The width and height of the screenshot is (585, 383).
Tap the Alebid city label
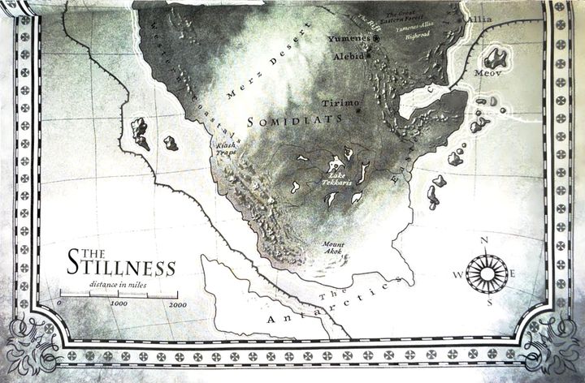pyautogui.click(x=349, y=57)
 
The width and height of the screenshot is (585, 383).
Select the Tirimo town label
pyautogui.click(x=339, y=103)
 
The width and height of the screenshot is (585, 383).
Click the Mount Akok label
pyautogui.click(x=332, y=247)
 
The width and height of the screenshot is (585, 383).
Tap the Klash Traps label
pyautogui.click(x=224, y=150)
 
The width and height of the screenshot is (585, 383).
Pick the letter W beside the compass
pyautogui.click(x=457, y=274)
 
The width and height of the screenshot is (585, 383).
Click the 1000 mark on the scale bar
pyautogui.click(x=119, y=305)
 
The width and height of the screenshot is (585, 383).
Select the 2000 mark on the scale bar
pyautogui.click(x=177, y=305)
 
